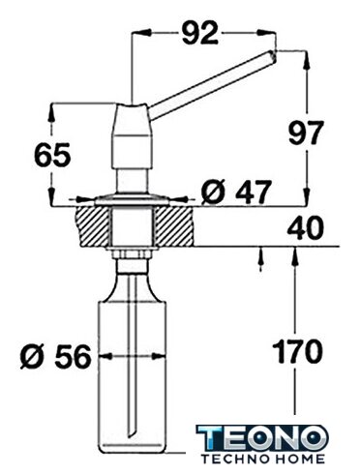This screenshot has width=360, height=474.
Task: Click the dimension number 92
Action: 200,33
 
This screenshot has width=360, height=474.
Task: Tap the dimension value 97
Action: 305,133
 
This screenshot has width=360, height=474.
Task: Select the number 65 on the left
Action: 51,155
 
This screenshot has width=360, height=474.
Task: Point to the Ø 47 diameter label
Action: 235,193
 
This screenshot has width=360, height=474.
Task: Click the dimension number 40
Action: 305,228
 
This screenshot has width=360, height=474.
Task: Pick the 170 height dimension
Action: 297,351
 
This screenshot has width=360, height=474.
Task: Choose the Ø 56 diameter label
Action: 55,357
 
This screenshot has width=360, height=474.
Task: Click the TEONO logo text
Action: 262,437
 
